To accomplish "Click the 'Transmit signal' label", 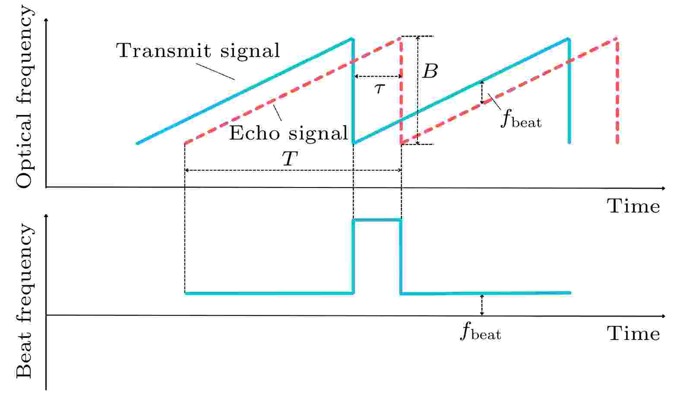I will [x=198, y=51].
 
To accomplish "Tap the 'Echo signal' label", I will [x=288, y=133].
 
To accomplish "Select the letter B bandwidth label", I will [x=430, y=71].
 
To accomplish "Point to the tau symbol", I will [x=379, y=88].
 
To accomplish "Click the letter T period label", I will [x=290, y=159].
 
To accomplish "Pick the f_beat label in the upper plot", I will [x=521, y=118].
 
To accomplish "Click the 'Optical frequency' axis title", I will [x=24, y=98].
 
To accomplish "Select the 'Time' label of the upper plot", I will [x=634, y=206].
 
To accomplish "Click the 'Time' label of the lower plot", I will [x=634, y=334].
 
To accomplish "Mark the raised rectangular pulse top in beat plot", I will [x=377, y=220].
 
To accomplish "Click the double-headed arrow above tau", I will [x=378, y=76].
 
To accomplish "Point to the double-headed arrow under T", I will [x=293, y=171].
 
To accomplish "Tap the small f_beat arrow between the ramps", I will [x=482, y=92].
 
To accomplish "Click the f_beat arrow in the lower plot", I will [x=482, y=305].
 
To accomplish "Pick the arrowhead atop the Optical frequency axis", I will [x=46, y=20].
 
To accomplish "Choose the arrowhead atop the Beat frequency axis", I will [x=46, y=215].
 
